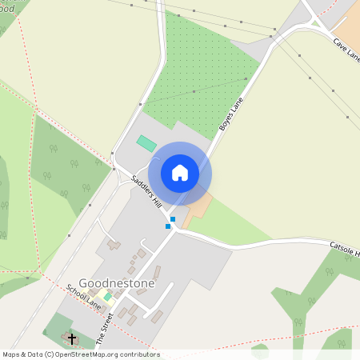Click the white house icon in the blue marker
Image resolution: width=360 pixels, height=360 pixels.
tap(180, 172)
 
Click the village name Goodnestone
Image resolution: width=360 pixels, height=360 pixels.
tap(117, 283)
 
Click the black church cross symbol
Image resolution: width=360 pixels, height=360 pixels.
tap(72, 339)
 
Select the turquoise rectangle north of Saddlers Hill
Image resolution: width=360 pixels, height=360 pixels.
tap(146, 142)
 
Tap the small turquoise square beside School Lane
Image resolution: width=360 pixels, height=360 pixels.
tap(107, 297)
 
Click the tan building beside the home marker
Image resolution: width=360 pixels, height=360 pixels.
tap(196, 209)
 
